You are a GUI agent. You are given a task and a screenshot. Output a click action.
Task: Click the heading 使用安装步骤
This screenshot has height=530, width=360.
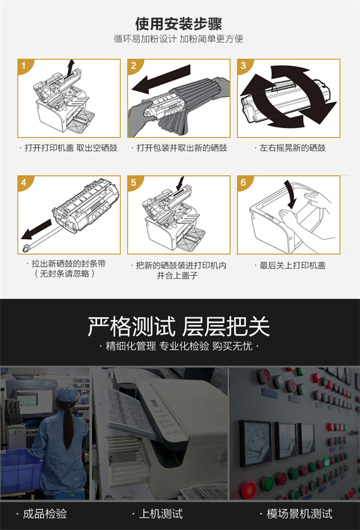coord(179,24)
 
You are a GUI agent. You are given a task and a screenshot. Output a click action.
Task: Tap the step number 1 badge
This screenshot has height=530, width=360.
coord(24,65)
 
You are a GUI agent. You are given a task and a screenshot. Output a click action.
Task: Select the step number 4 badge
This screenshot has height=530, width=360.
coord(24,183)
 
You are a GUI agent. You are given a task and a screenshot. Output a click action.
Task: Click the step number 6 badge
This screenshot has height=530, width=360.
coord(243,183)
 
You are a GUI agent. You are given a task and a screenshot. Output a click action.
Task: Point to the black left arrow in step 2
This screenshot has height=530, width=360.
coord(161,80)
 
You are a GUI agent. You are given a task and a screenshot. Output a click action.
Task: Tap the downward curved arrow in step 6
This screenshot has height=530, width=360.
coord(290,194)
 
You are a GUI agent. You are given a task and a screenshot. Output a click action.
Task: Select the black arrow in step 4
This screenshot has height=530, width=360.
coord(36,229)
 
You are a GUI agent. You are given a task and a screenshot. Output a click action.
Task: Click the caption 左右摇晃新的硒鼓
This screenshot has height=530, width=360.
coord(292,148)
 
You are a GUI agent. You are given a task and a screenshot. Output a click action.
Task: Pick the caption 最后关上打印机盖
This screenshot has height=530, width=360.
coord(292,265)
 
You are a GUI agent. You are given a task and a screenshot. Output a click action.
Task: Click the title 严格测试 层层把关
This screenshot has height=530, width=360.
coord(179,326)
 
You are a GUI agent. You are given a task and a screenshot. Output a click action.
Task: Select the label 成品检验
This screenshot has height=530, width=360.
coord(45,514)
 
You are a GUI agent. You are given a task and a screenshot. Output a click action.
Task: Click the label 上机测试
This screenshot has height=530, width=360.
coord(161,514)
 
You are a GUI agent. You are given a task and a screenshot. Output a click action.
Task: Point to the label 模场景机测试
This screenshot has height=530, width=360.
coord(300,514)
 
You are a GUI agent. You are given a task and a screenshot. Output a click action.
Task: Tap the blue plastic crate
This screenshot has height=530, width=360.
coord(20,471)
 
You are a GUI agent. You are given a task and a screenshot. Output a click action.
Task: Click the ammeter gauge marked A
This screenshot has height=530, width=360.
coord(255,441)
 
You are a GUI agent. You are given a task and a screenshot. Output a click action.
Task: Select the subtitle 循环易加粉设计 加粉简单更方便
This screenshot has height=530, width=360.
coord(179,39)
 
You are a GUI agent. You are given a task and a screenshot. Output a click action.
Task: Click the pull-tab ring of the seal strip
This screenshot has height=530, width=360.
coord(26,249)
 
